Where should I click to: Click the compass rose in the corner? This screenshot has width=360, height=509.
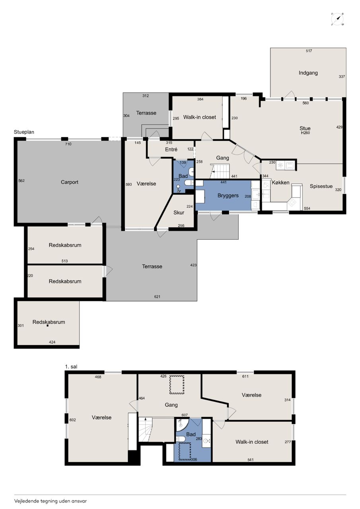[x=337, y=19]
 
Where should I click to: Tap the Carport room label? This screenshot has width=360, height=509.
[x=70, y=182]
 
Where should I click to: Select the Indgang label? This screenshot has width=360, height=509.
[x=308, y=73]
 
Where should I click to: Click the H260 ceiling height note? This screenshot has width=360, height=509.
[x=305, y=133]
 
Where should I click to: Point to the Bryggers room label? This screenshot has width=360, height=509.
[x=228, y=196]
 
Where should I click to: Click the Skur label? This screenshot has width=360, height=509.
[x=179, y=213]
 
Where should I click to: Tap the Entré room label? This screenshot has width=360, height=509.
[x=171, y=149]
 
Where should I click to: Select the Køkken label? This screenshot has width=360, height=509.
[x=280, y=183]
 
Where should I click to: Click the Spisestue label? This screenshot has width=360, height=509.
[x=321, y=187]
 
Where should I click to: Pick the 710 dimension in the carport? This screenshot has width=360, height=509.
[x=68, y=144]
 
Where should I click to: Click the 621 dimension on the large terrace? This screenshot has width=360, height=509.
[x=157, y=297]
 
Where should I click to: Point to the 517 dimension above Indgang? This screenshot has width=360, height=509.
[x=309, y=51]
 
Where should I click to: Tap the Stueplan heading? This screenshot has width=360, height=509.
[x=24, y=132]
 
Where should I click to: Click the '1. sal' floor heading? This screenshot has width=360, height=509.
[x=71, y=367]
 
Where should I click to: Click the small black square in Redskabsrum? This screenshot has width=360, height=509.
[x=47, y=326]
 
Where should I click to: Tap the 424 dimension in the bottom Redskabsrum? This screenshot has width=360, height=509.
[x=52, y=342]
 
